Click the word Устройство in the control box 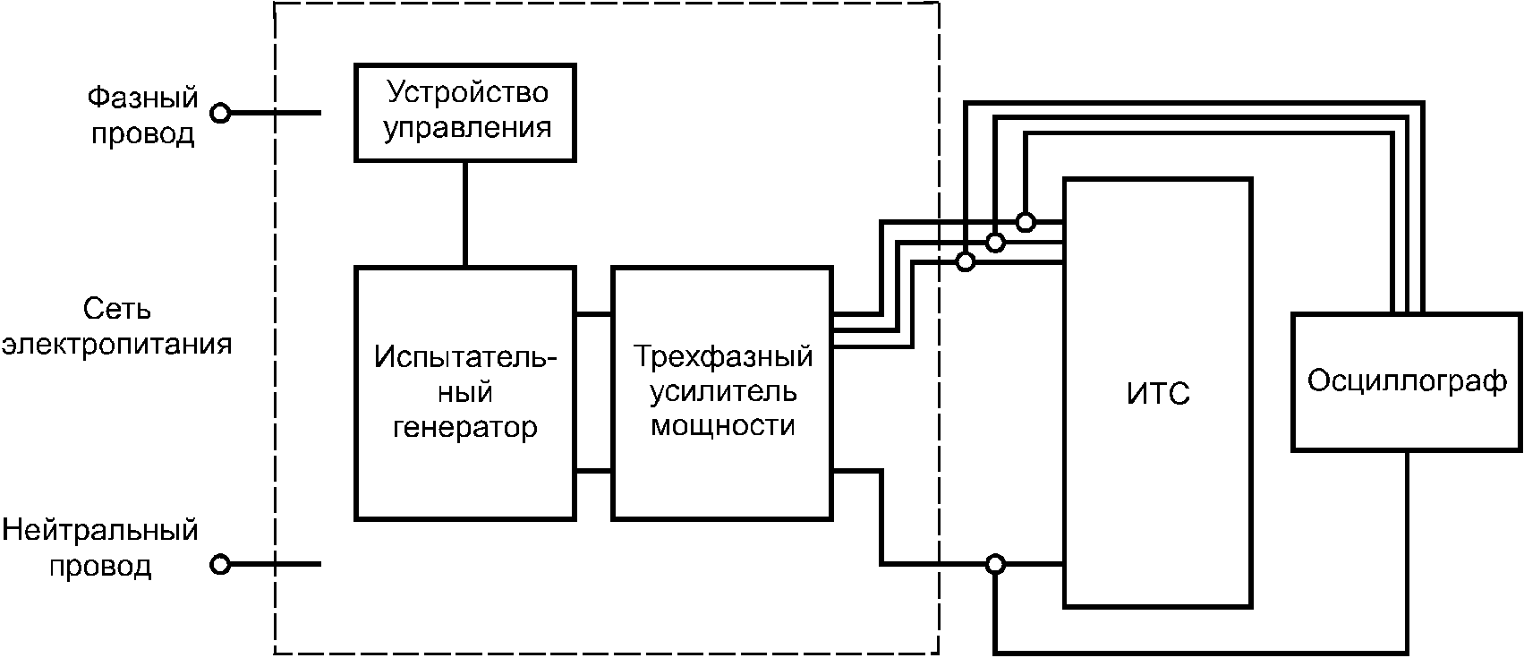(466, 93)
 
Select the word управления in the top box (466, 128)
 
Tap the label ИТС (1158, 394)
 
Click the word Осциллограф (1407, 381)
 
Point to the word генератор (465, 427)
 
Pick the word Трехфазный (723, 356)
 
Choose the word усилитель (723, 391)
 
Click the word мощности (723, 425)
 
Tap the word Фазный (142, 98)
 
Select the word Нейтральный (99, 531)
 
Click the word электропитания (116, 345)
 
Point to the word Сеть (117, 310)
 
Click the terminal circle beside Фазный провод (220, 113)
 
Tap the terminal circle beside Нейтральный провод (220, 564)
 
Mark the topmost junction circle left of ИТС (1026, 221)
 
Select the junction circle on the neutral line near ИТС (995, 564)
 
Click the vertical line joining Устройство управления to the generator (465, 213)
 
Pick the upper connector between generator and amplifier (592, 314)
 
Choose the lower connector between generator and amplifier (592, 471)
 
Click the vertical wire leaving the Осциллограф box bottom (1407, 546)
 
